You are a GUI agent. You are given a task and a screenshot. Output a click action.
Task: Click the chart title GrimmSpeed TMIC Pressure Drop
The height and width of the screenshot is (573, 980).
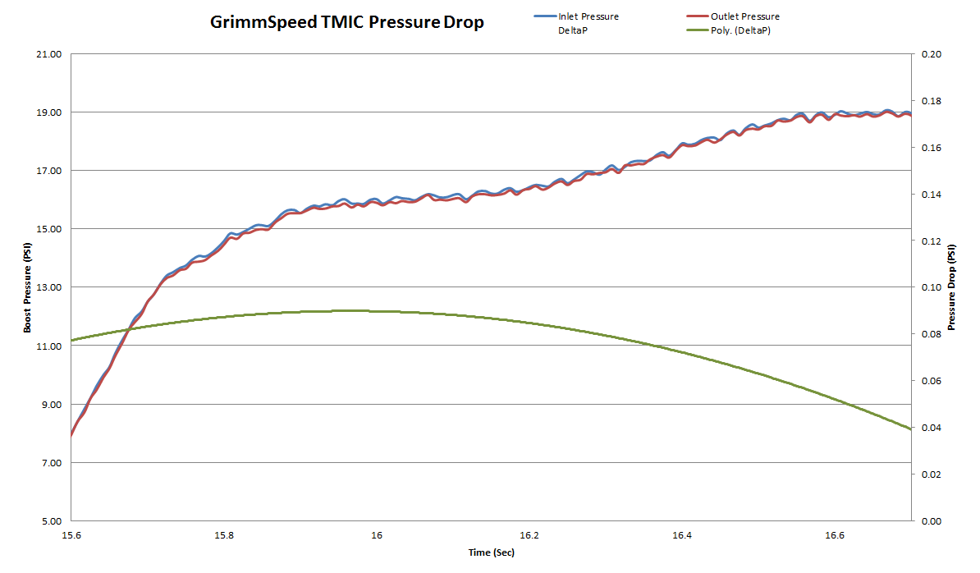[347, 22]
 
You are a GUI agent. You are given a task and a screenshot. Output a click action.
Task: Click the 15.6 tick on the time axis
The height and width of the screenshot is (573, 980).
[72, 535]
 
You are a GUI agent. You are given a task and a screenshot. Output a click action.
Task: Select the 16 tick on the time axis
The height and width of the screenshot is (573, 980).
[378, 535]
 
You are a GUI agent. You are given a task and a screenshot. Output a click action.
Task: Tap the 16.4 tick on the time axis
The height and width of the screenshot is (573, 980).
[682, 535]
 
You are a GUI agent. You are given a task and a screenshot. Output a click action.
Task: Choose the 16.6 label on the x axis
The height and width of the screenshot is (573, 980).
[835, 535]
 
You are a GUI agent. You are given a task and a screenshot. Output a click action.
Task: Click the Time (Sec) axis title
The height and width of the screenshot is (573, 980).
[491, 552]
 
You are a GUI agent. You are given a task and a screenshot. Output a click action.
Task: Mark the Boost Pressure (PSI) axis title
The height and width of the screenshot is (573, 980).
[27, 287]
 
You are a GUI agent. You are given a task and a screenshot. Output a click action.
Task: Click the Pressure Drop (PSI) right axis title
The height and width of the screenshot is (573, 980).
[952, 287]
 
